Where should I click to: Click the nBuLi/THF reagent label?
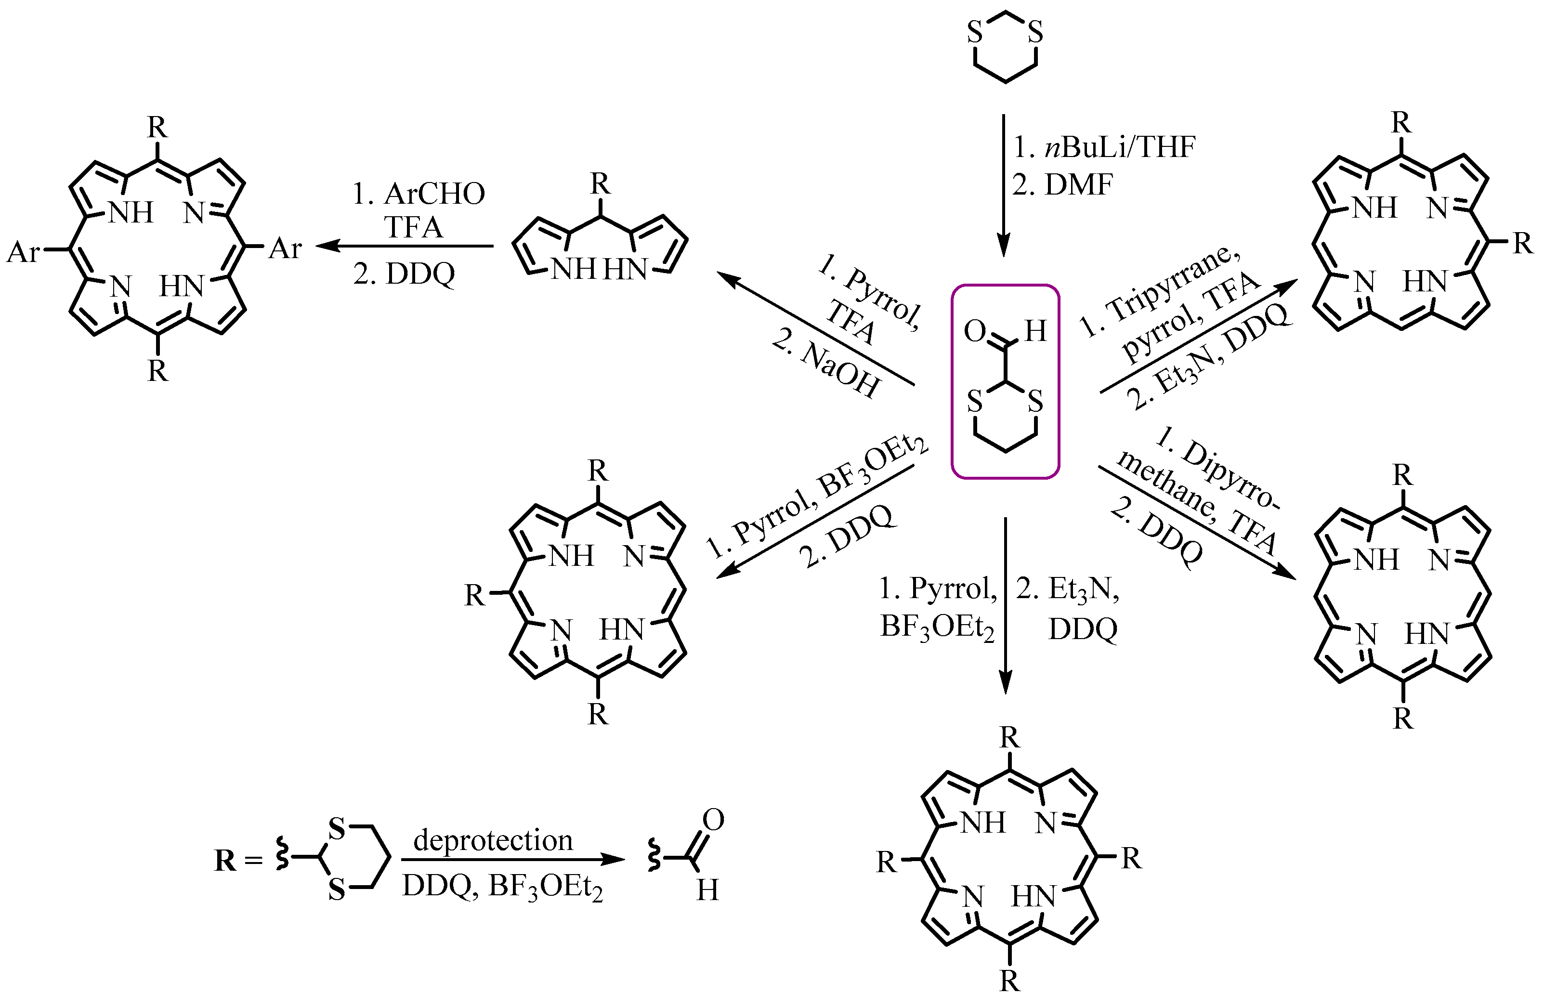[1119, 148]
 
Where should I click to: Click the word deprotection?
[493, 840]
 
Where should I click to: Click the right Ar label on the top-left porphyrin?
[286, 248]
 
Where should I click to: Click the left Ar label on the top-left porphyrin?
[23, 252]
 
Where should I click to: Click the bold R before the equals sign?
[225, 861]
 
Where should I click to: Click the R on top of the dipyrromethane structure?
[600, 185]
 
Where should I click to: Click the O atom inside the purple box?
[974, 331]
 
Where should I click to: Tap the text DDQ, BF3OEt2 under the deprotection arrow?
[502, 886]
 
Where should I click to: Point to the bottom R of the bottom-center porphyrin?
[1009, 981]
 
